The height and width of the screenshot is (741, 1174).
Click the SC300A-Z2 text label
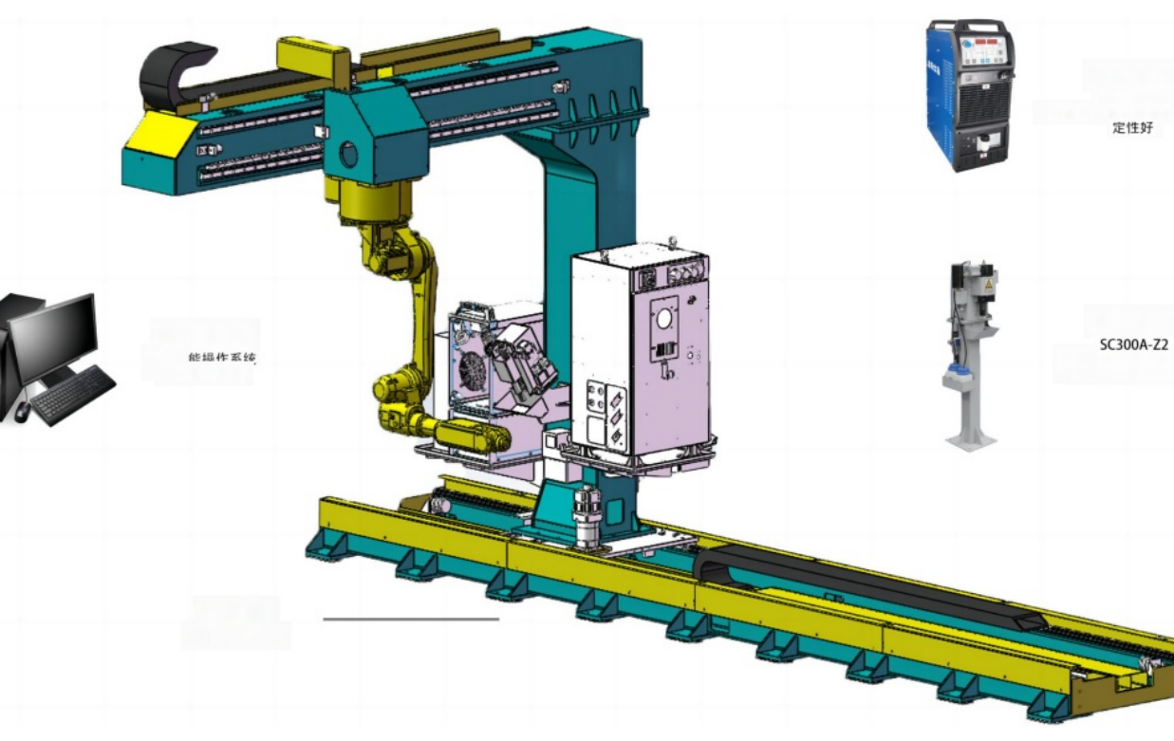pos(1133,345)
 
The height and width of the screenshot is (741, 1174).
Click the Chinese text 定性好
pos(1132,128)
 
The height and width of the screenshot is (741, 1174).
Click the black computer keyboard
pos(73,395)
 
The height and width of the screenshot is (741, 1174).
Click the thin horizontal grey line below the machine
pos(410,620)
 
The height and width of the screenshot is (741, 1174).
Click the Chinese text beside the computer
pos(222,359)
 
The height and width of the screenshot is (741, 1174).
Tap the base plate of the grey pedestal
pos(971,442)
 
